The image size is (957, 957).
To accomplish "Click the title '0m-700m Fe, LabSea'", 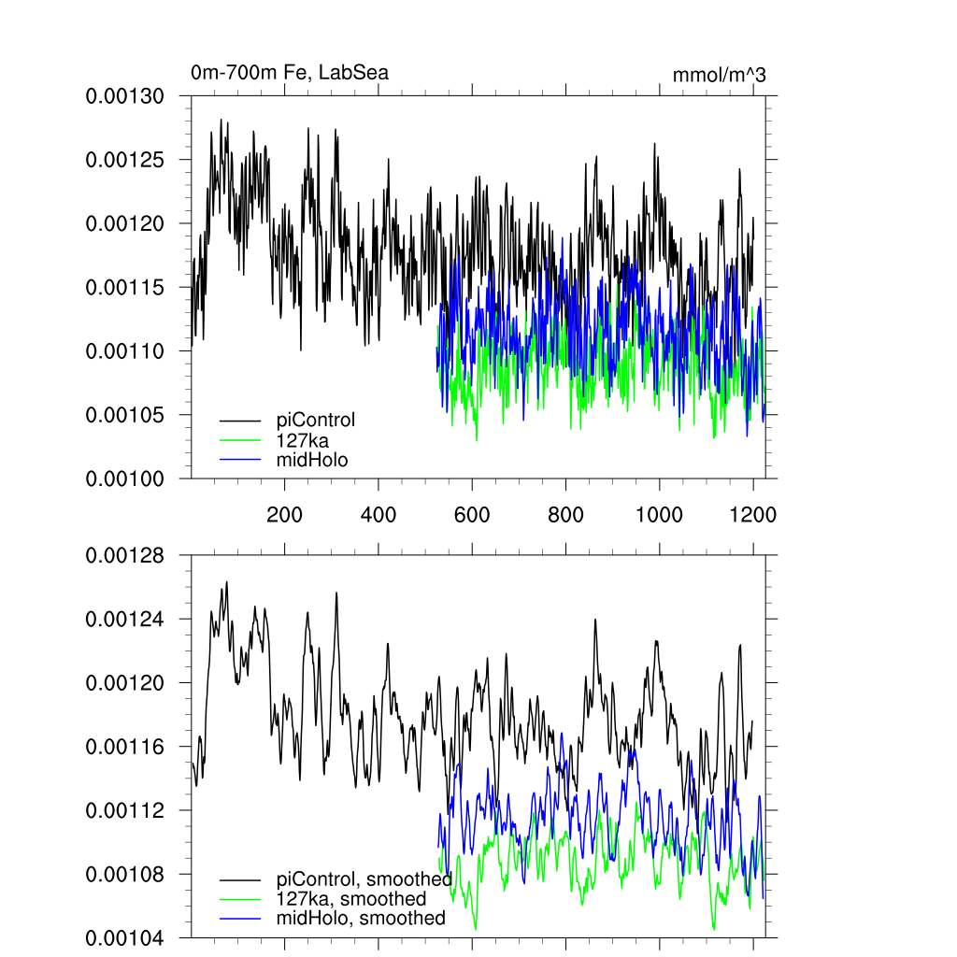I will (290, 73).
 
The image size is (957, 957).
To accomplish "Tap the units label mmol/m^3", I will (719, 75).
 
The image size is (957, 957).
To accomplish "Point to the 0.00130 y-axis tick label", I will (124, 96).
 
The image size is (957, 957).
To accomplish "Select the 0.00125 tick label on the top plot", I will (124, 160).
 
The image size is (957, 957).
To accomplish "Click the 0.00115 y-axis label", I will (124, 287).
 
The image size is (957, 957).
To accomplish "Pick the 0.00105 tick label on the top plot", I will (124, 414).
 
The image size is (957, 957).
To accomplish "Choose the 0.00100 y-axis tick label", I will (124, 478).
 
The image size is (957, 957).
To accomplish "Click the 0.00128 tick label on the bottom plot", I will (124, 556).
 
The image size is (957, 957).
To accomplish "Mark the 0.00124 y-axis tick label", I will (124, 620).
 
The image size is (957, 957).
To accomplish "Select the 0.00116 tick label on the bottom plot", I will (124, 747).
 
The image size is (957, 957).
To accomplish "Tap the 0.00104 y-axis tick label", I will (124, 937).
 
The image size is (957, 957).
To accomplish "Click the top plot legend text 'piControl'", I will (316, 420).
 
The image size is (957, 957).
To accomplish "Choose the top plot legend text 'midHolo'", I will (312, 459).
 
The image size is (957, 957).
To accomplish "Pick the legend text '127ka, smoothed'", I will (351, 899).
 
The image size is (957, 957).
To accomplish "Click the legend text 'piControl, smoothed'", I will (364, 879).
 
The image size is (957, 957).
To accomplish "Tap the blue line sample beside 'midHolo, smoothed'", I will (240, 919).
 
